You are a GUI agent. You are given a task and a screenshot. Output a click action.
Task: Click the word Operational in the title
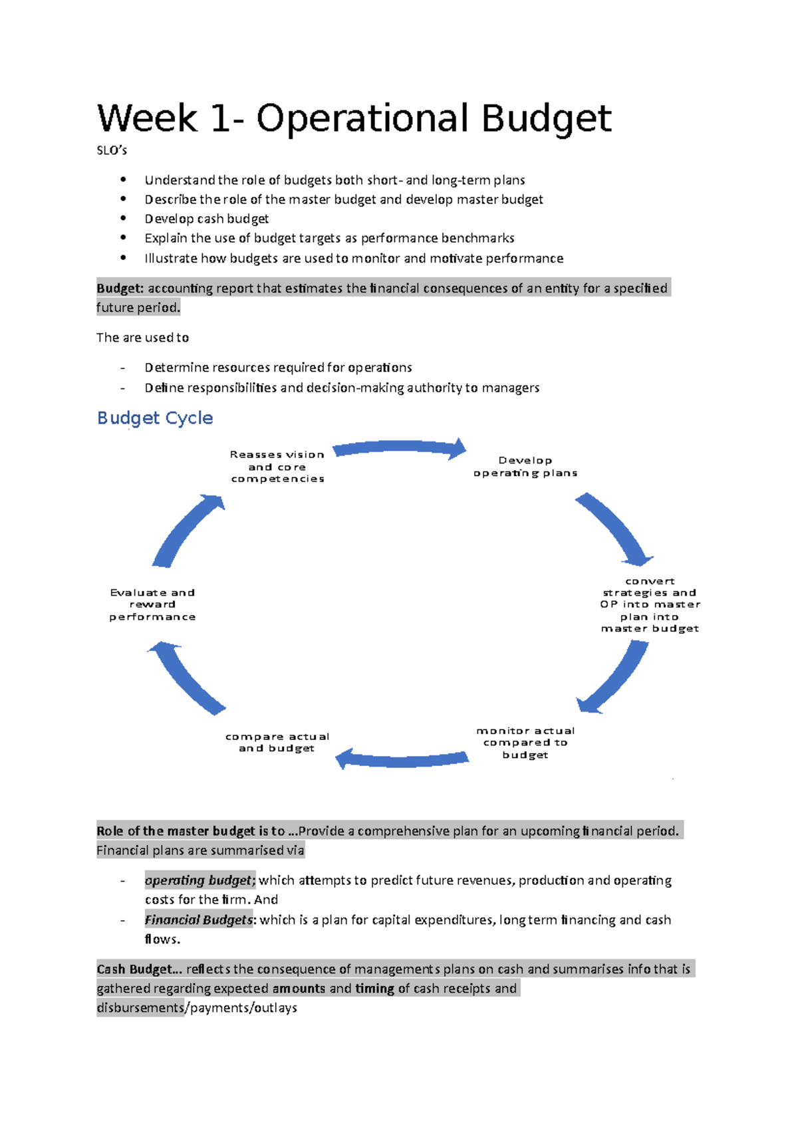pos(367,119)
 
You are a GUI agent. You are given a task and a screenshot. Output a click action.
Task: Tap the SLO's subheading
pos(112,150)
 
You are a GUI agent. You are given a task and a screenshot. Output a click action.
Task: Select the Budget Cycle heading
pos(155,418)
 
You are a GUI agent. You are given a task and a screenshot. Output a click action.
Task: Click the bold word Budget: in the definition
pos(120,288)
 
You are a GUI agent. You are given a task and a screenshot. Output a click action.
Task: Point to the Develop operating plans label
pos(525,467)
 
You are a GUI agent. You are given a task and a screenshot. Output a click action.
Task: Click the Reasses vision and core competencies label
pos(277,467)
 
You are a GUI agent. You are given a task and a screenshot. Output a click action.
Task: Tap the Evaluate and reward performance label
pos(152,604)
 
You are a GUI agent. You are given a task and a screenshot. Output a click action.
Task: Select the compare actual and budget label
pos(277,742)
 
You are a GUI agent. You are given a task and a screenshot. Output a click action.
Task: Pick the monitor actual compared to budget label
pos(525,743)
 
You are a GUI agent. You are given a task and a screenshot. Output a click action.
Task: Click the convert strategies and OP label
pos(650,604)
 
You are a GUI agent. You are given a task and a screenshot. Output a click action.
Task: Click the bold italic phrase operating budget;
pos(199,880)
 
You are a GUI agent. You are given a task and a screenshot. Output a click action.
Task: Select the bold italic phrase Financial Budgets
pos(199,920)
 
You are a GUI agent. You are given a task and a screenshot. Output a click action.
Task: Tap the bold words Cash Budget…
pos(139,969)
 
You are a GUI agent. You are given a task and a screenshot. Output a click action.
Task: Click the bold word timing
pos(374,989)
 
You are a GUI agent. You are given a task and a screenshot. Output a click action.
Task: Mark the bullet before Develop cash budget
pos(123,218)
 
